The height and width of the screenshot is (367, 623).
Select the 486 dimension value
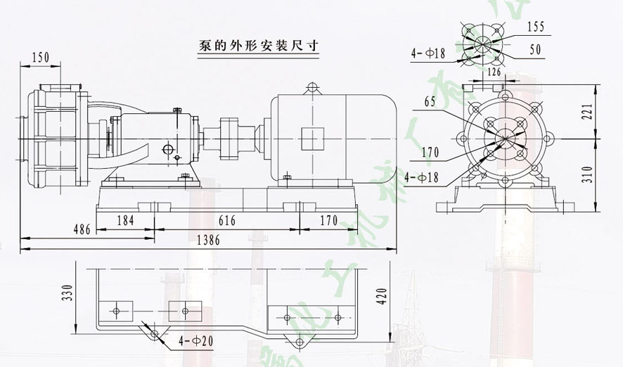coord(83,230)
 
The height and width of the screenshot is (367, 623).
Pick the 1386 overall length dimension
coord(209,240)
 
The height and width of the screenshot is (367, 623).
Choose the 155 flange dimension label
coord(536,27)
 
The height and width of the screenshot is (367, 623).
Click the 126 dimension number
coord(494,72)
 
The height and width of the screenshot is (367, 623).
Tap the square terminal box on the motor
coord(311,137)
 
